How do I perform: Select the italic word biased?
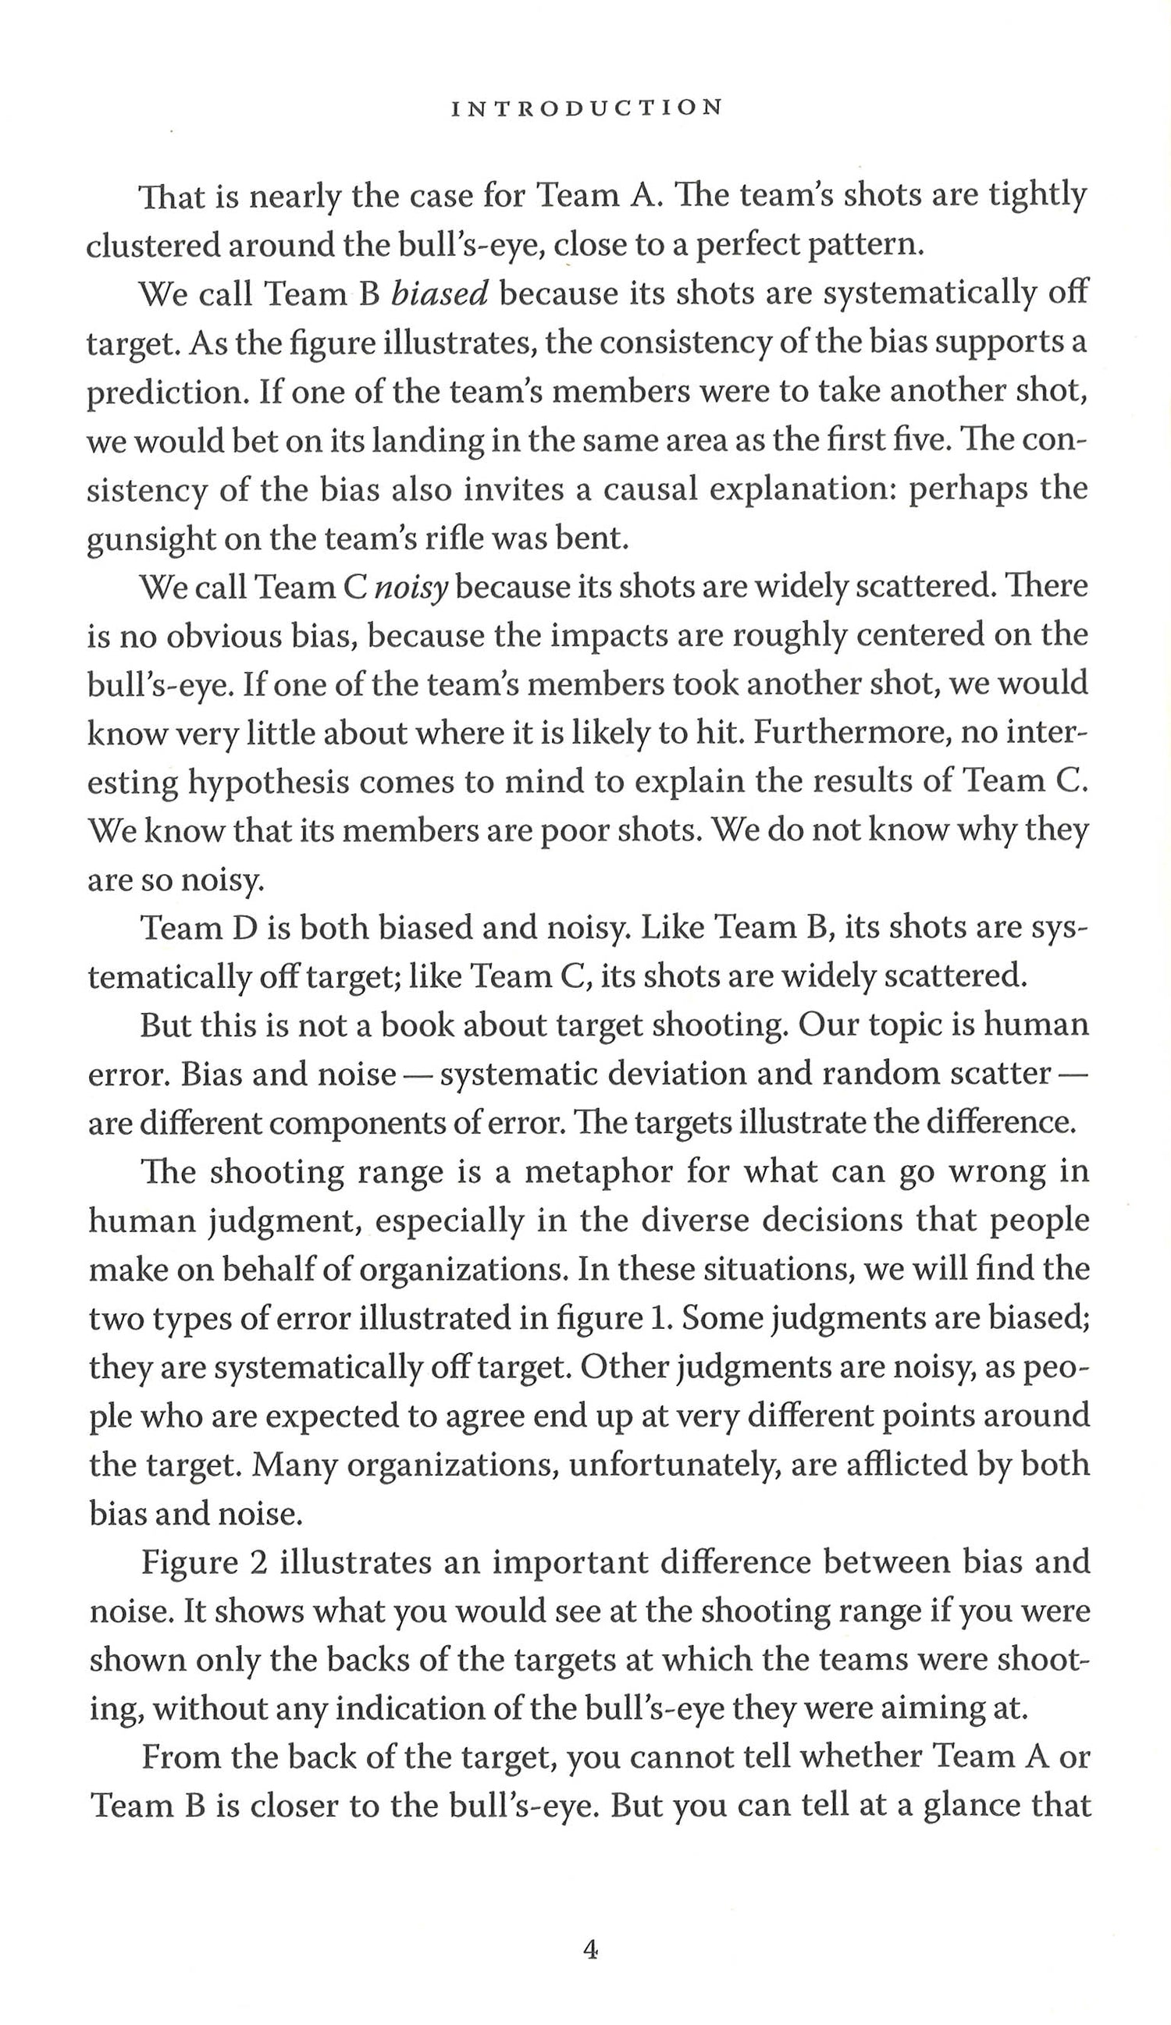(440, 295)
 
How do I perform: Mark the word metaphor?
(599, 1172)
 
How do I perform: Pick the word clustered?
(152, 246)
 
